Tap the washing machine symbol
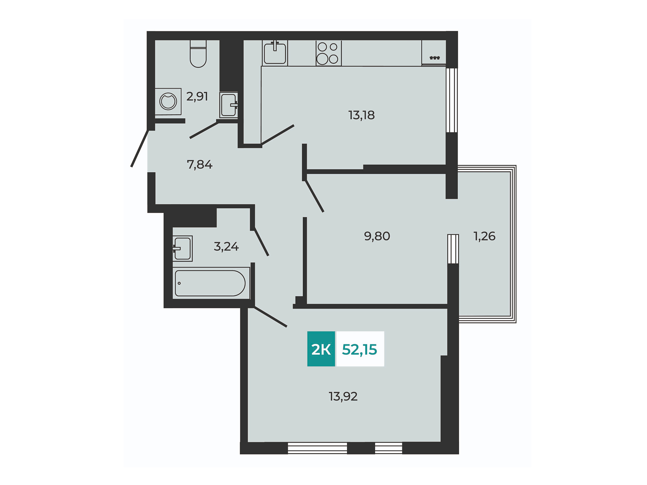click(168, 101)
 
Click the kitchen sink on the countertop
click(275, 53)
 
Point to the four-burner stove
click(329, 53)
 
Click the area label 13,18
click(362, 115)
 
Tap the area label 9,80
click(377, 236)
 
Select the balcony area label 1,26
click(485, 236)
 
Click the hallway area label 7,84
click(199, 164)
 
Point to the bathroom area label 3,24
click(226, 247)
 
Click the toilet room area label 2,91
click(197, 96)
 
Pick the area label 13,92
click(343, 396)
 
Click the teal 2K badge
click(321, 349)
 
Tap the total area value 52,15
click(360, 350)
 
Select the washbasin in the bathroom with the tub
click(182, 249)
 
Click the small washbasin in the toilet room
click(229, 105)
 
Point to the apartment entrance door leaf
click(140, 148)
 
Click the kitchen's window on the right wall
click(452, 100)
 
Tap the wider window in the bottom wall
click(317, 448)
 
